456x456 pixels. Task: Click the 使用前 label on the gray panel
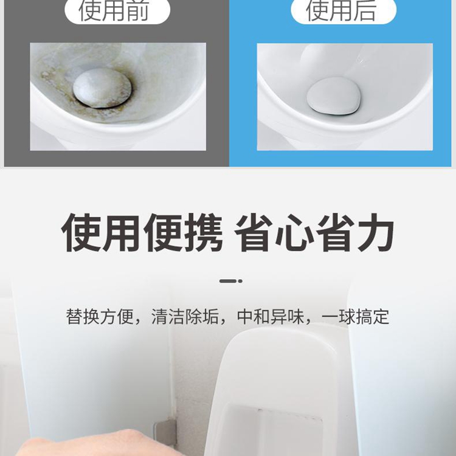[114, 10]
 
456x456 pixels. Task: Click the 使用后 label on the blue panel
[341, 10]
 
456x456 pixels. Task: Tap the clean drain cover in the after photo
[334, 95]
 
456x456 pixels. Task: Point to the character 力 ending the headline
[376, 232]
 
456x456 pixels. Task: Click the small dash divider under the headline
[231, 281]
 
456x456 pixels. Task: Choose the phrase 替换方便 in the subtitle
[100, 316]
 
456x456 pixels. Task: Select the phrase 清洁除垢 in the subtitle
[185, 316]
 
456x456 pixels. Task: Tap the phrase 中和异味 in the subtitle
[271, 316]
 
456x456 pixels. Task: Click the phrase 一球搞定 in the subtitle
[356, 316]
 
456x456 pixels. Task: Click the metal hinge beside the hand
[165, 434]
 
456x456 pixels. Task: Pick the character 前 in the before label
[138, 10]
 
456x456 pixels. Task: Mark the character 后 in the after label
[365, 10]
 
